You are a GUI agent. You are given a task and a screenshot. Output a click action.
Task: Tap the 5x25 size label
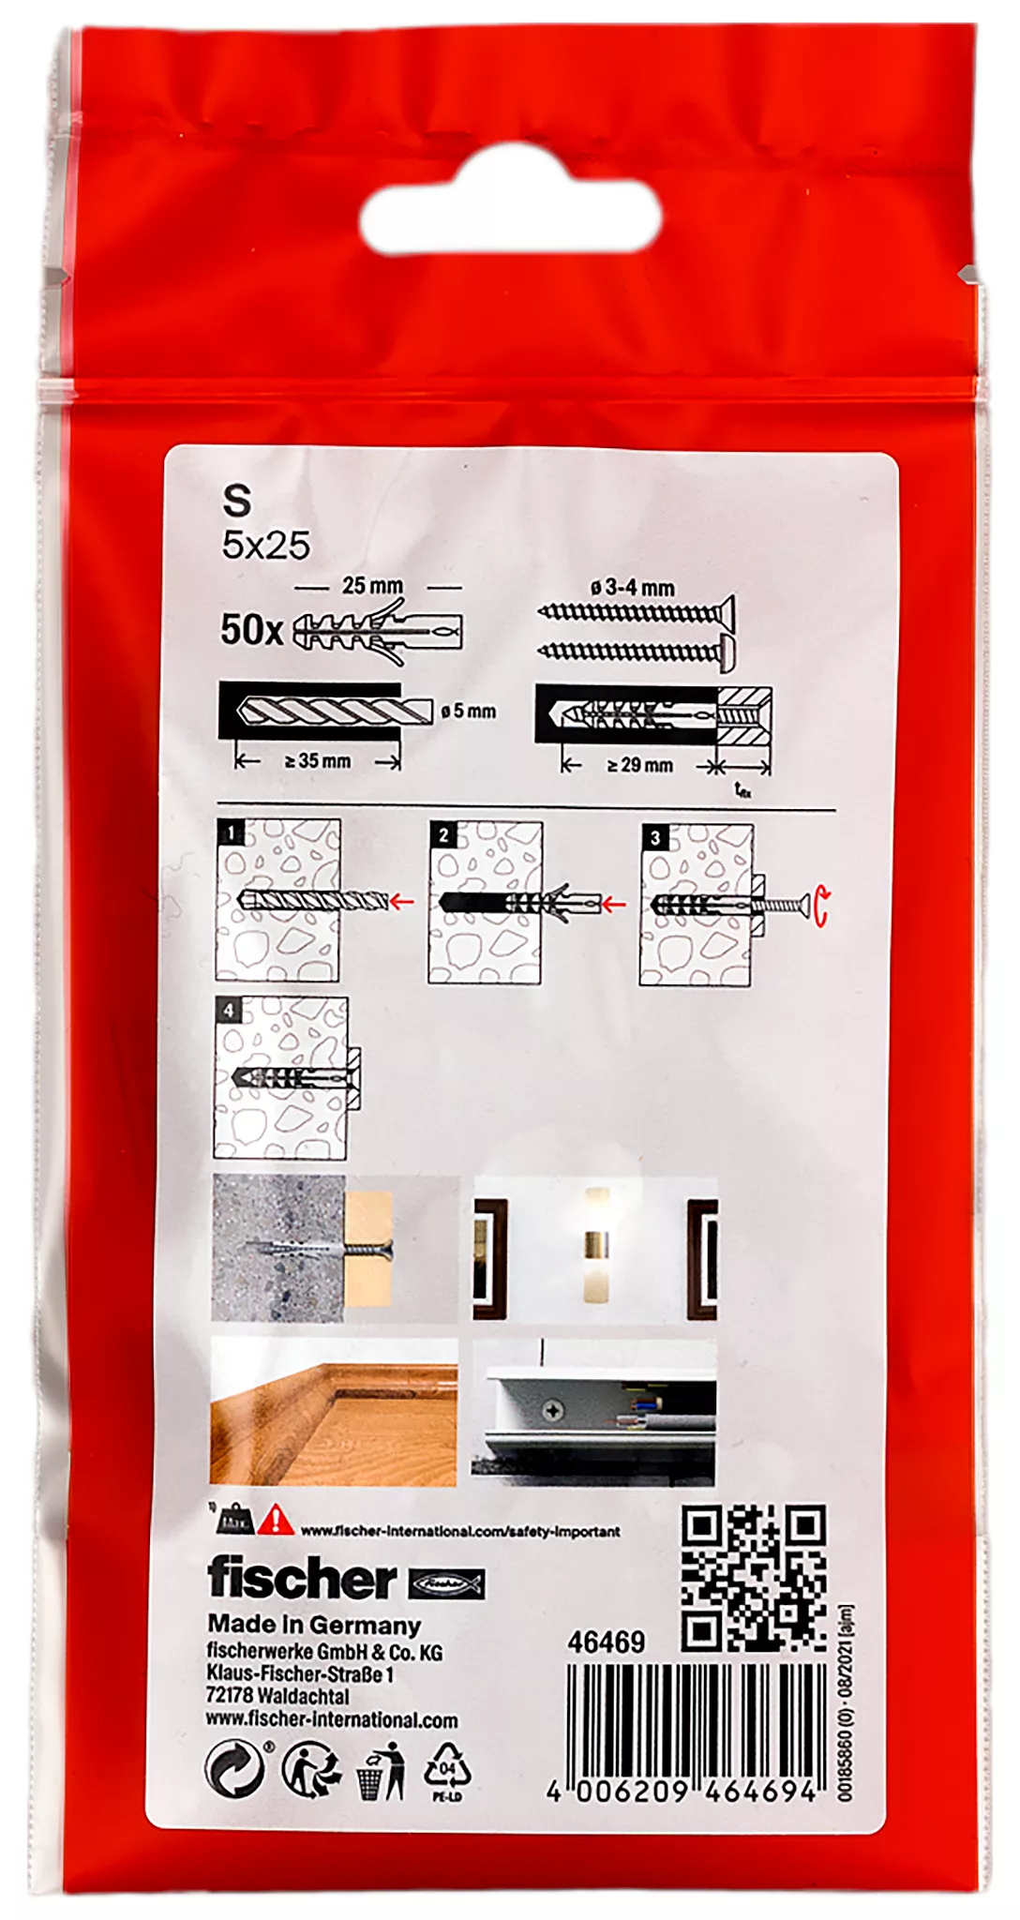(265, 546)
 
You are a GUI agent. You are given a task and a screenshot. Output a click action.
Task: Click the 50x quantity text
(250, 630)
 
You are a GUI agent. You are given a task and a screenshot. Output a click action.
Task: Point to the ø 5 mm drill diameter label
(469, 712)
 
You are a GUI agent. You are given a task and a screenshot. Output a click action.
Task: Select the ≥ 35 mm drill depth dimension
(318, 761)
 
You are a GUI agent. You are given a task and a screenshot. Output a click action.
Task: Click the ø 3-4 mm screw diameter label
(633, 588)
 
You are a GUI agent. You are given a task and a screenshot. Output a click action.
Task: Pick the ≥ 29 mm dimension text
(640, 765)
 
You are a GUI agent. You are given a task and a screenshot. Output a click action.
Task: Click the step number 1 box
(230, 832)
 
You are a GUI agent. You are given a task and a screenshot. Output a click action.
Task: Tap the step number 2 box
(442, 834)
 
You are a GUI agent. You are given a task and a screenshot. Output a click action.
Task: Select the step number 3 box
(654, 837)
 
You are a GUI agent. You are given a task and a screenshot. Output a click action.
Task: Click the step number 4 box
(228, 1010)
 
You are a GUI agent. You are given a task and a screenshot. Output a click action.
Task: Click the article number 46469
(606, 1642)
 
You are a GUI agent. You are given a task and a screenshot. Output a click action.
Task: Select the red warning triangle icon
(276, 1519)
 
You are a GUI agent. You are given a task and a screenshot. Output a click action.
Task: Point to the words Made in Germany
(314, 1625)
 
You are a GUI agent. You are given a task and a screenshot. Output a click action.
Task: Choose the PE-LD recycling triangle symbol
(448, 1769)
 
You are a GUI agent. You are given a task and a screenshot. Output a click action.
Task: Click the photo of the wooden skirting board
(334, 1412)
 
